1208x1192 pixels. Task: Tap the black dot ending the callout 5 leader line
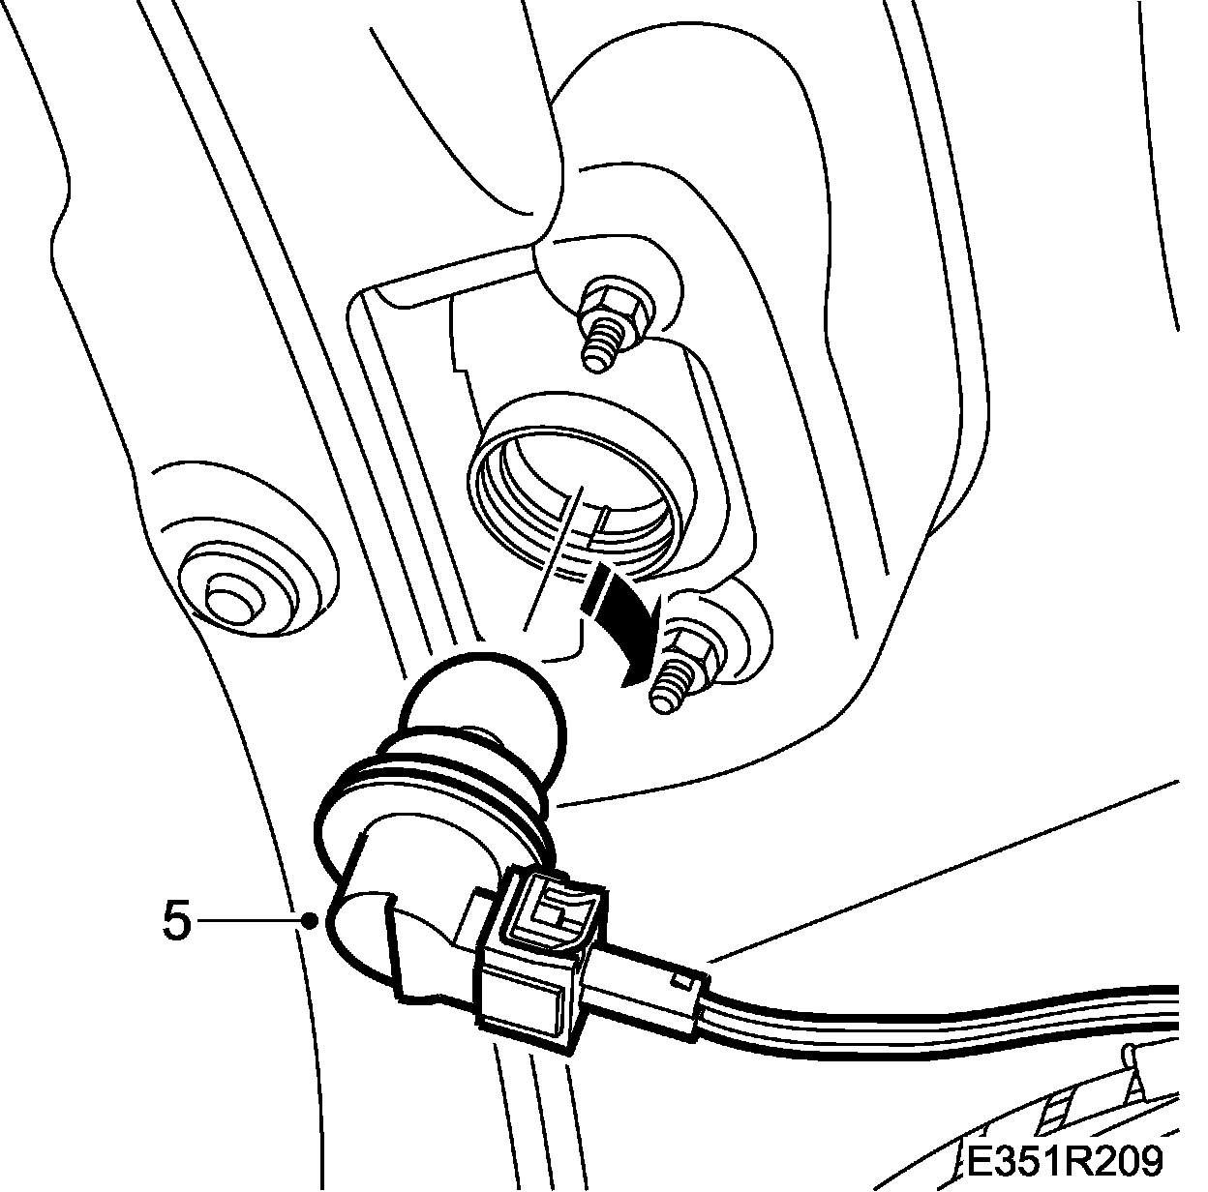tap(310, 921)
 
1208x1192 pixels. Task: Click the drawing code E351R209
tap(1064, 1158)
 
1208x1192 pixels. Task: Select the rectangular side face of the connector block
tap(528, 1006)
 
